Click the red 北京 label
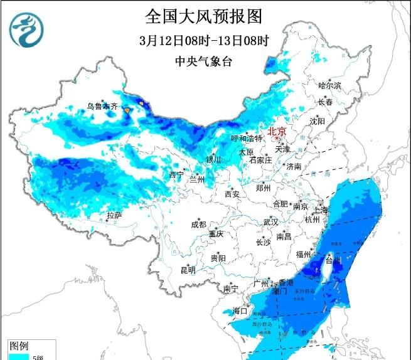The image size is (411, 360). click(x=277, y=132)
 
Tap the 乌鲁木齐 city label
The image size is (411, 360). click(x=102, y=107)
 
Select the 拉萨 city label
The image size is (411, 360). click(x=114, y=215)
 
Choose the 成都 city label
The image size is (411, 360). click(x=198, y=224)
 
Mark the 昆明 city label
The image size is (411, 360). click(x=188, y=270)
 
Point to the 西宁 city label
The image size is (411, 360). click(x=176, y=175)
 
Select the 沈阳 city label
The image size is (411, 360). click(x=318, y=120)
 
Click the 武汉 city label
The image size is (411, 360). click(x=270, y=222)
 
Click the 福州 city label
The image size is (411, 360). click(x=304, y=254)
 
